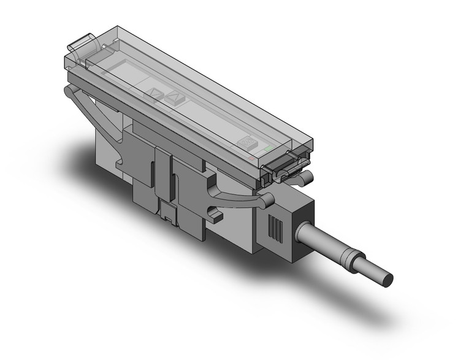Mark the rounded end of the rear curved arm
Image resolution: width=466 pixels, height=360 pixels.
tap(67, 92)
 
